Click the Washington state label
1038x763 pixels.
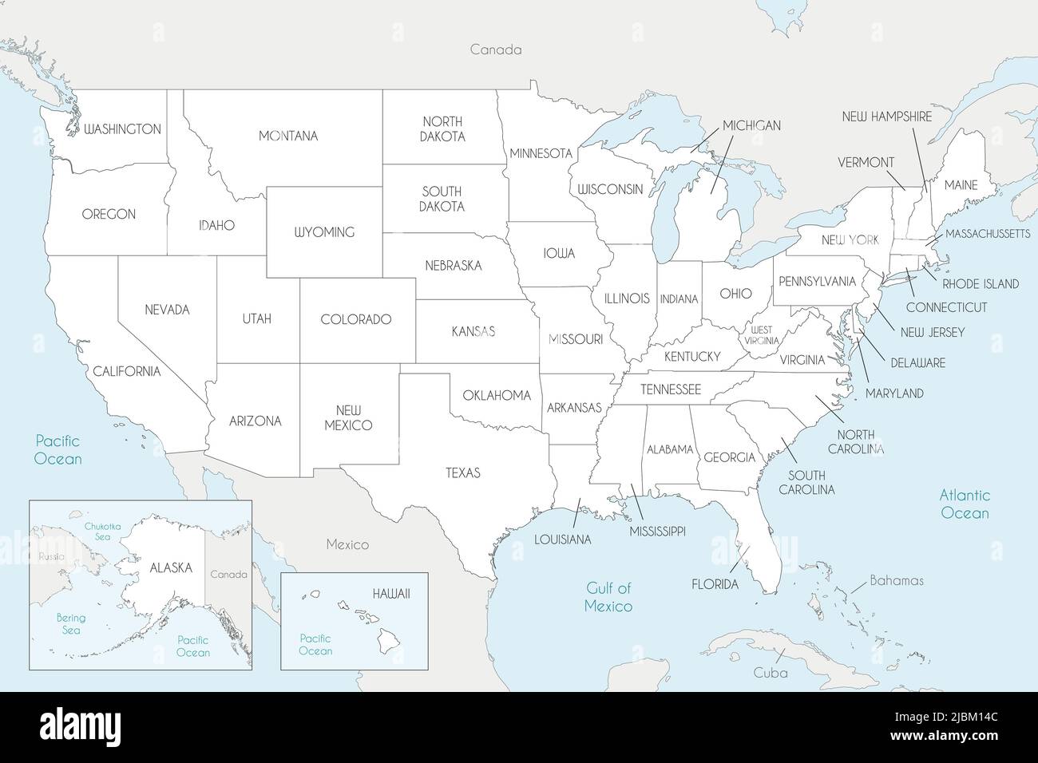(122, 128)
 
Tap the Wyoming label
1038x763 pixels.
(324, 232)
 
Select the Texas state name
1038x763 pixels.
(463, 472)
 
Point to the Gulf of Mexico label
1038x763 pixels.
(608, 597)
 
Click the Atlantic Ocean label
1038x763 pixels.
(965, 504)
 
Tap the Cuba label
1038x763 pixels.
(771, 673)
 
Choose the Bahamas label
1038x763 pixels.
(897, 580)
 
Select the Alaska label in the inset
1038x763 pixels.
(171, 567)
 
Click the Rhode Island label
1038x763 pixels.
(981, 283)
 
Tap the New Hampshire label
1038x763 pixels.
(886, 117)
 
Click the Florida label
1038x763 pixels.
(715, 584)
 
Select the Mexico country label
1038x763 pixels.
(347, 544)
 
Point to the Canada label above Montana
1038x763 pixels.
(495, 49)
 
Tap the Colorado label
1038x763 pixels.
(355, 319)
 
